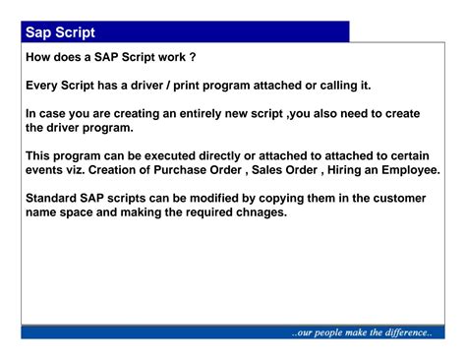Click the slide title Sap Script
[x=61, y=33]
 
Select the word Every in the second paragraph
[x=43, y=86]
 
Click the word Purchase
[x=197, y=170]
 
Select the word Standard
[x=55, y=198]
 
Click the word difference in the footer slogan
[x=395, y=332]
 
